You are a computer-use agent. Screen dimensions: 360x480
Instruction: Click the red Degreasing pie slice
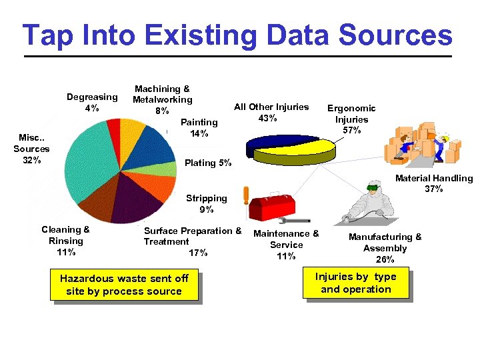coord(113,127)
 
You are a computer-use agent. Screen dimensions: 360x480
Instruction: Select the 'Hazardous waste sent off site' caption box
coord(124,285)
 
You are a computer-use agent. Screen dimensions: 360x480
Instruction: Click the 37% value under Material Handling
coord(434,189)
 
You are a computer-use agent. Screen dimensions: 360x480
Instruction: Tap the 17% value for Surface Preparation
coord(199,253)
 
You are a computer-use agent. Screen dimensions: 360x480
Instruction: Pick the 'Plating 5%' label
coord(208,163)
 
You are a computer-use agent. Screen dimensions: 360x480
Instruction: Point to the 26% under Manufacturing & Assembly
coord(385,259)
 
